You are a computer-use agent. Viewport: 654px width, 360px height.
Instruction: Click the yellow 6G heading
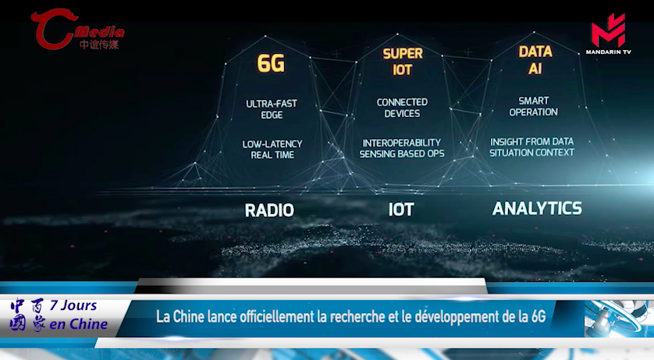[x=271, y=64]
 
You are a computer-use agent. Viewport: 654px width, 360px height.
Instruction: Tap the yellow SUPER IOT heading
[x=403, y=62]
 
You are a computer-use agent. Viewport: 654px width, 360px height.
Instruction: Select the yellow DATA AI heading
[x=535, y=59]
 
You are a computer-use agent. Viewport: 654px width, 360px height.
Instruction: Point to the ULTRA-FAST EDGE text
[x=272, y=109]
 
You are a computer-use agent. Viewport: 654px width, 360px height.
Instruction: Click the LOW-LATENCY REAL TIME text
[x=272, y=149]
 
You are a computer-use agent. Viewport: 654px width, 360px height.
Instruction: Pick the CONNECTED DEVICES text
[x=402, y=108]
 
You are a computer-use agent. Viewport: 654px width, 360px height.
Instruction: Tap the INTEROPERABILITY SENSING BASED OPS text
[x=402, y=148]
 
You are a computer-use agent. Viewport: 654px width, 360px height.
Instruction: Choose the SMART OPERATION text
[x=534, y=106]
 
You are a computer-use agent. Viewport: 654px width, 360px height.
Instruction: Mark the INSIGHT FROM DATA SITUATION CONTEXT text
[x=531, y=147]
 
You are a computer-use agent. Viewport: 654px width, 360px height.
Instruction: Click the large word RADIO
[x=269, y=210]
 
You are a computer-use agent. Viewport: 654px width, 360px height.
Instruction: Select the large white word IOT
[x=401, y=209]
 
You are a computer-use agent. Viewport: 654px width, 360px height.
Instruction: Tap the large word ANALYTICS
[x=537, y=209]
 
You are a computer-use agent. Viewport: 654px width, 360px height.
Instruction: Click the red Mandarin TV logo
[x=608, y=34]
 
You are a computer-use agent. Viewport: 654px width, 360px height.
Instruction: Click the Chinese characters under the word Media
[x=99, y=45]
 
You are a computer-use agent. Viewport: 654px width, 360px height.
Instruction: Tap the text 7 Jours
[x=73, y=305]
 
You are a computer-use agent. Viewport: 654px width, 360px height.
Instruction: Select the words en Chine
[x=78, y=324]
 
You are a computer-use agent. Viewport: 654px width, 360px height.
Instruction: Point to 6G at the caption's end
[x=538, y=317]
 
